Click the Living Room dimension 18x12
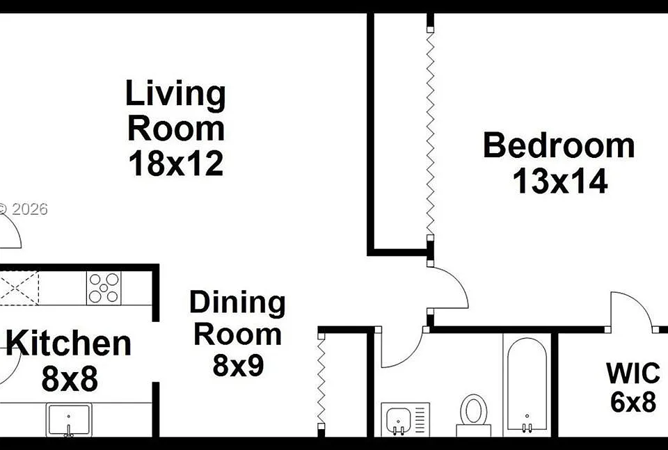tap(175, 164)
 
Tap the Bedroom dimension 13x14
tap(559, 182)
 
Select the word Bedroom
tap(559, 146)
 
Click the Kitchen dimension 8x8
tap(70, 379)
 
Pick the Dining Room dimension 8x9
tap(238, 365)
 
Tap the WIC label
tap(633, 373)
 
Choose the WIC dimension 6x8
tap(633, 402)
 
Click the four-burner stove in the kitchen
tap(104, 288)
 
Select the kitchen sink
tap(69, 420)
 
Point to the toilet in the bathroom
tap(473, 415)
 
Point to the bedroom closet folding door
tap(430, 134)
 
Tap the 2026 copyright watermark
tap(24, 209)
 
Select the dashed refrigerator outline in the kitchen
tap(19, 288)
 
